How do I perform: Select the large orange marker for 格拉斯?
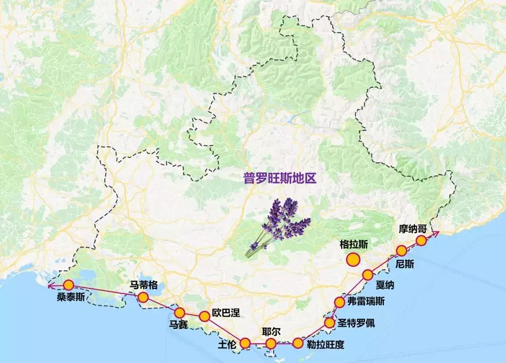(x=353, y=260)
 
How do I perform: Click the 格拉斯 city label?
(x=354, y=244)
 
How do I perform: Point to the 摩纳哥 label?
(x=413, y=229)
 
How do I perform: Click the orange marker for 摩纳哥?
(x=421, y=240)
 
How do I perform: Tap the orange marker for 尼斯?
(x=401, y=251)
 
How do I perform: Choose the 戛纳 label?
(x=385, y=285)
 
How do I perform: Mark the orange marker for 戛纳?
(x=367, y=275)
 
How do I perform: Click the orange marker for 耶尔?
(x=271, y=344)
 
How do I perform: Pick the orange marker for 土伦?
(x=245, y=343)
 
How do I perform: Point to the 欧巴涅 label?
(x=226, y=312)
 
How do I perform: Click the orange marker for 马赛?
(x=179, y=313)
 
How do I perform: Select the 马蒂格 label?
(x=144, y=285)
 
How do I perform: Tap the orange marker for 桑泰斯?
(x=69, y=285)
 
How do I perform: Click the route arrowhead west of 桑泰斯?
(x=49, y=286)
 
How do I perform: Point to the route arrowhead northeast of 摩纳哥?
(x=437, y=232)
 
